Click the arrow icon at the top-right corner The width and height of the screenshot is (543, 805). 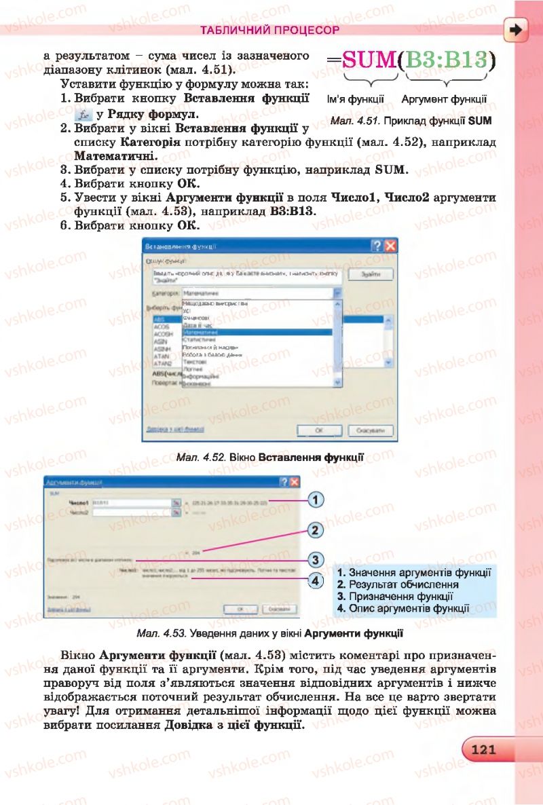pyautogui.click(x=517, y=30)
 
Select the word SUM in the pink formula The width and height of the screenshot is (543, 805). pyautogui.click(x=369, y=60)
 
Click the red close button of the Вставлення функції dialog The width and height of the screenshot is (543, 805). pyautogui.click(x=390, y=246)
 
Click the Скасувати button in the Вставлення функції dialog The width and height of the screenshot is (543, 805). pyautogui.click(x=371, y=431)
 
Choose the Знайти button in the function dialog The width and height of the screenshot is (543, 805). pyautogui.click(x=371, y=274)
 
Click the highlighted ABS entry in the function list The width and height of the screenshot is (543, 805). pyautogui.click(x=160, y=319)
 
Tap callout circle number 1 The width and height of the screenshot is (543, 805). pyautogui.click(x=314, y=500)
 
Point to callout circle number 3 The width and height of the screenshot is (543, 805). pyautogui.click(x=314, y=560)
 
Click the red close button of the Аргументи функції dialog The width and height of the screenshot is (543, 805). pyautogui.click(x=294, y=481)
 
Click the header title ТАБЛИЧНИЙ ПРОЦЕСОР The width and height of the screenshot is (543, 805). pyautogui.click(x=269, y=31)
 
